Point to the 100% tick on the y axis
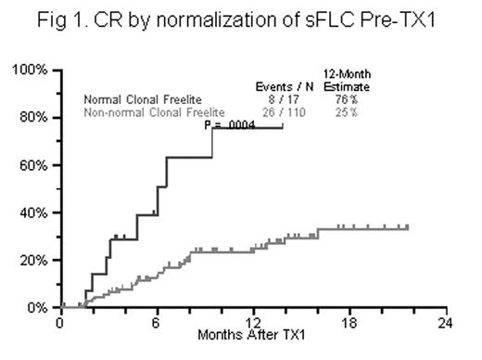(x=32, y=71)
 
